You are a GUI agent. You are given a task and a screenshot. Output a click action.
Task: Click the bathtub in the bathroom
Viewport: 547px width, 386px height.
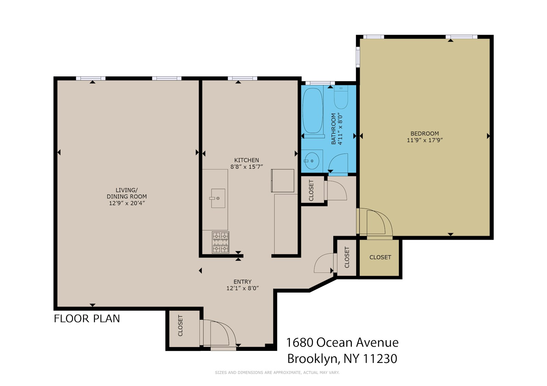point(312,111)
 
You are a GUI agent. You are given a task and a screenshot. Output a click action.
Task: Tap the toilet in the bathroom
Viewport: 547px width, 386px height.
point(341,97)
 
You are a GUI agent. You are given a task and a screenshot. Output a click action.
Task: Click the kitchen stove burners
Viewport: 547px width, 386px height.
point(221,242)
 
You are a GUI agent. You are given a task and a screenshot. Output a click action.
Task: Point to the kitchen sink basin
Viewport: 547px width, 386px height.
point(218,198)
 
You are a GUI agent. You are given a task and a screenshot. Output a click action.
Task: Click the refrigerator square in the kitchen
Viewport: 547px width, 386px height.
point(282,181)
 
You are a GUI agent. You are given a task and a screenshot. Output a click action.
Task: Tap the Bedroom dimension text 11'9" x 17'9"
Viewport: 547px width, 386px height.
point(425,140)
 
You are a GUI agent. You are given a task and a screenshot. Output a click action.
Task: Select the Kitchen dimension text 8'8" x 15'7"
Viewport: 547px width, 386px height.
point(246,167)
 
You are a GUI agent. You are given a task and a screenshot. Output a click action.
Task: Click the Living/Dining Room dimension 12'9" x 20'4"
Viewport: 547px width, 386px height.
point(127,203)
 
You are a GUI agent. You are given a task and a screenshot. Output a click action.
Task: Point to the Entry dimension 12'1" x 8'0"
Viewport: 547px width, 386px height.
point(242,288)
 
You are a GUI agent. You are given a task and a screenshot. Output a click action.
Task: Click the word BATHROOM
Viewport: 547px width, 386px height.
point(333,129)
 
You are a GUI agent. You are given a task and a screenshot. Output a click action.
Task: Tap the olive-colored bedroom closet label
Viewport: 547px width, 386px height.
point(380,257)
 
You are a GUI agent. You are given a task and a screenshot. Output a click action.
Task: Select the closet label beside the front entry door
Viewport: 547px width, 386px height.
point(180,326)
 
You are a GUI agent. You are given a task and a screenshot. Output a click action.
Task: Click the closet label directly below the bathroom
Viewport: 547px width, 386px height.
point(311,190)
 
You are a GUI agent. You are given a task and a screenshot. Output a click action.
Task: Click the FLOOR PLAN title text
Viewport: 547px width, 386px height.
point(87,319)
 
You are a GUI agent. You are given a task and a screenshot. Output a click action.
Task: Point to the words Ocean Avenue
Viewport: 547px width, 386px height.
point(358,343)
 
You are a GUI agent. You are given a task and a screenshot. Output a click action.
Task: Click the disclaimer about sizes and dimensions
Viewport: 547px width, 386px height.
point(277,373)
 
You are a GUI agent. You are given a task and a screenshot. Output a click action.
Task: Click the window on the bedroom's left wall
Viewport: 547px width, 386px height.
point(358,57)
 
